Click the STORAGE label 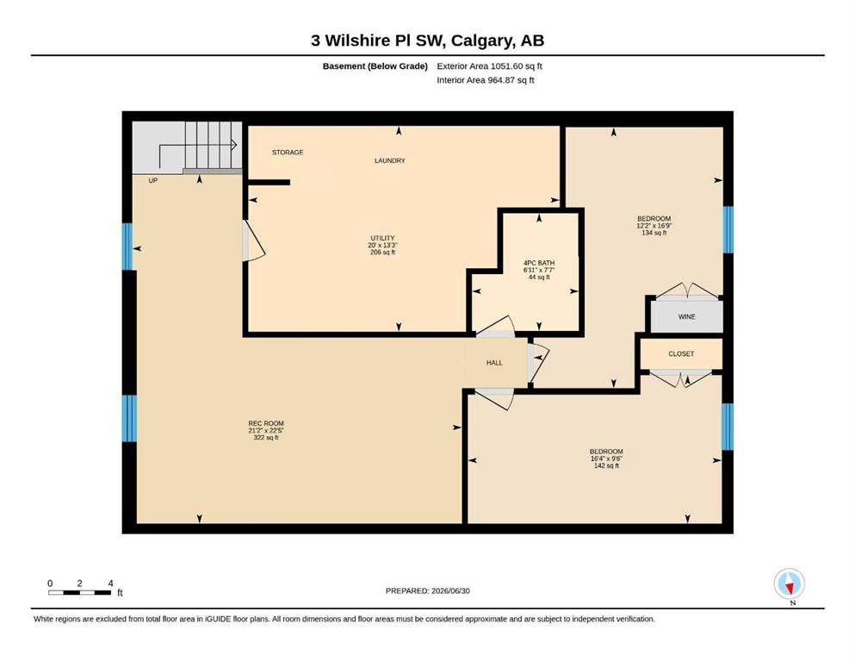[x=288, y=153]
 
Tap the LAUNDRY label [x=390, y=160]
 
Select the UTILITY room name [x=382, y=238]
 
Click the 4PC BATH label [x=539, y=263]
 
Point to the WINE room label [x=686, y=316]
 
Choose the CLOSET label [x=681, y=353]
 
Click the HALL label [x=494, y=362]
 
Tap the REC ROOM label [x=266, y=423]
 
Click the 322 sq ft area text [x=266, y=437]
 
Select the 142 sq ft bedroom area [x=606, y=465]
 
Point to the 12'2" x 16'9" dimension [x=654, y=225]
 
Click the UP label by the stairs [x=152, y=180]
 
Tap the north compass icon [x=789, y=584]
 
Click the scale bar [x=79, y=592]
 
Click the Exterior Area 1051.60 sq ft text [x=489, y=66]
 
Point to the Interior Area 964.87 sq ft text [x=486, y=80]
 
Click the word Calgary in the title [x=481, y=41]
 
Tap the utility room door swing [x=253, y=240]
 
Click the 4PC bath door [x=495, y=326]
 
